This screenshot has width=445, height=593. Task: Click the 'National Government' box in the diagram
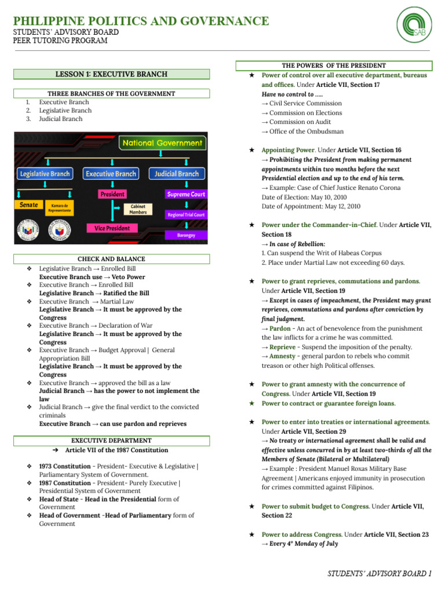[x=162, y=142]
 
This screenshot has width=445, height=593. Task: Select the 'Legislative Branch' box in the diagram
[x=45, y=174]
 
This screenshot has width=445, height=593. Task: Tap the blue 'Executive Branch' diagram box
[x=111, y=174]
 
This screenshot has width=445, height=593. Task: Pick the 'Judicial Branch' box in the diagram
[x=177, y=174]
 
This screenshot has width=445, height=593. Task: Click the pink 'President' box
[x=112, y=194]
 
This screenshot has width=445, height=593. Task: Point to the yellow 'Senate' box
[x=28, y=205]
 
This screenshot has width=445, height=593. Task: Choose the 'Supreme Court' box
[x=186, y=195]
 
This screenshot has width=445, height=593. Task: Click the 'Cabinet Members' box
[x=138, y=209]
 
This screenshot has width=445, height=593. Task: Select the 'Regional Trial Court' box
[x=186, y=215]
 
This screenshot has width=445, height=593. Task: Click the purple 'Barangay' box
[x=186, y=235]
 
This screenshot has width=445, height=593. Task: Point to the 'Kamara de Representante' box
[x=61, y=208]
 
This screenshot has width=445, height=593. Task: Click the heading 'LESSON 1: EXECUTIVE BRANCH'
[x=111, y=74]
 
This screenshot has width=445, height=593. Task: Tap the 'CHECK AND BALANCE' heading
[x=111, y=259]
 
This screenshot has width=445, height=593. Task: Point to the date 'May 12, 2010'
[x=340, y=206]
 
